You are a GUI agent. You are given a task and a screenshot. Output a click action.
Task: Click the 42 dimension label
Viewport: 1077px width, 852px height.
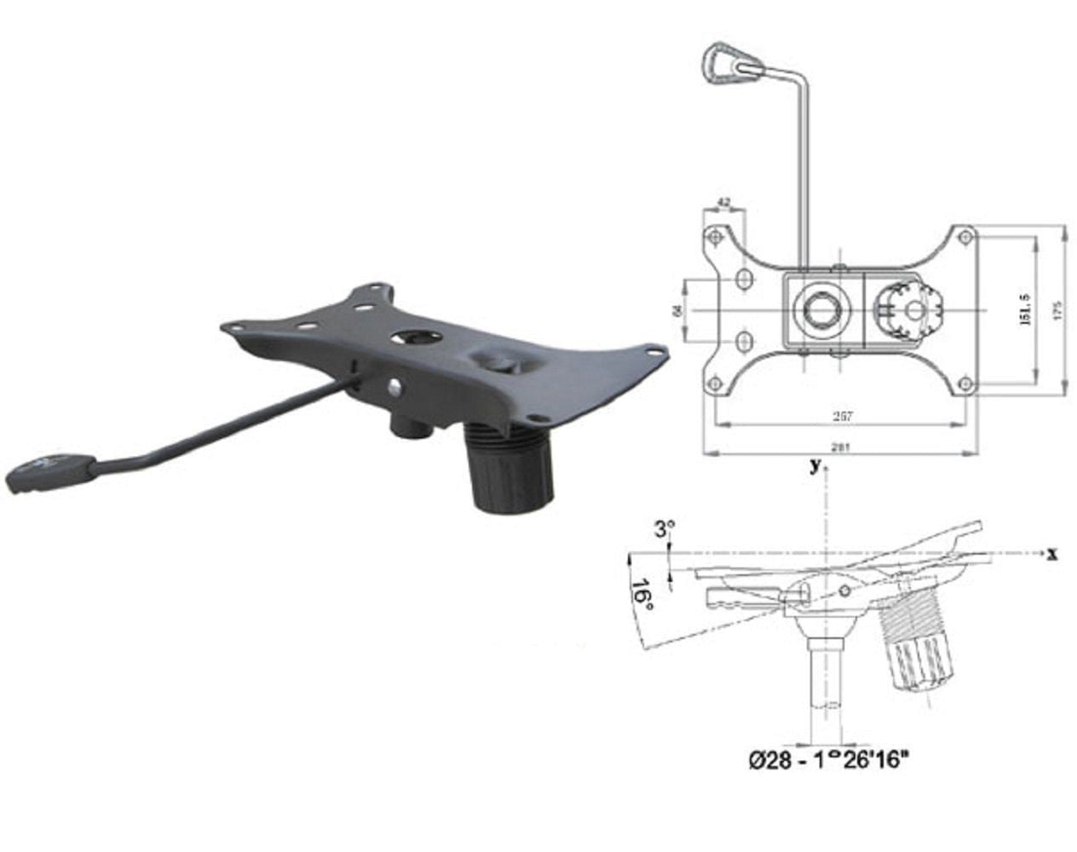(x=724, y=203)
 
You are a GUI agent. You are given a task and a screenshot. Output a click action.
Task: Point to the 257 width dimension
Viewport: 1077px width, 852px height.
(x=841, y=417)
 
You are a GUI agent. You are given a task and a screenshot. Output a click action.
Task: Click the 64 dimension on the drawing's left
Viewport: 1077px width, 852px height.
(x=678, y=310)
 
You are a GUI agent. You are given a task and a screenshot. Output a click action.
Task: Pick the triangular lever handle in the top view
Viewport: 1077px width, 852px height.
(x=723, y=64)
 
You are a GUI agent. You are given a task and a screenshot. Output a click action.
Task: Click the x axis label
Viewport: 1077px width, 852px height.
(x=1052, y=555)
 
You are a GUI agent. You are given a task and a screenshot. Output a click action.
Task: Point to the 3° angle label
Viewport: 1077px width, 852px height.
(x=664, y=530)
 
